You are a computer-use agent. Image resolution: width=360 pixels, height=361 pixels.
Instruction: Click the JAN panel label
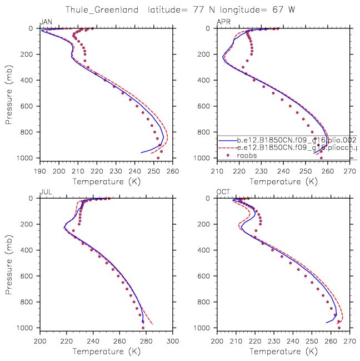click(46, 22)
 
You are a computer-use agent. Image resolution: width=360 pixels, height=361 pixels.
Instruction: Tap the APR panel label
click(223, 22)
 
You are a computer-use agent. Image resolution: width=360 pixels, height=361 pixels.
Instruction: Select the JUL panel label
click(46, 192)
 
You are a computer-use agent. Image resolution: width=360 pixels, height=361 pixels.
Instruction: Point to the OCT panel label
click(223, 192)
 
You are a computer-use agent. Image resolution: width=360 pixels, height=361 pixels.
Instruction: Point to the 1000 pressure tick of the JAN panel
click(28, 159)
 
